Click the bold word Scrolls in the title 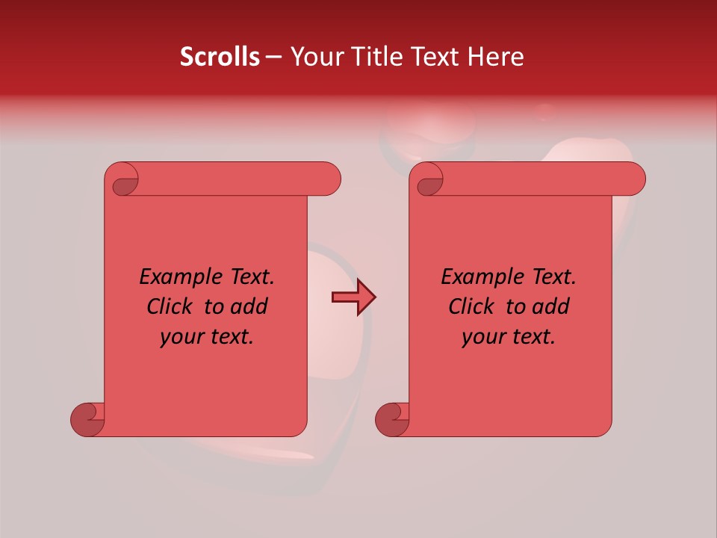[x=220, y=57]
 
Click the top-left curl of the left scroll [x=124, y=181]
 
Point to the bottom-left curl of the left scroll [x=88, y=419]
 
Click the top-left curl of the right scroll [x=429, y=181]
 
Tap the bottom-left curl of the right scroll [x=392, y=419]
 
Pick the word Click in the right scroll [x=471, y=306]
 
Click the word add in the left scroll [x=249, y=306]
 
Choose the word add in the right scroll [x=550, y=306]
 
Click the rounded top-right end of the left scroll [x=329, y=179]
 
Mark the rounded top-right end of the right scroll [x=633, y=179]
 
